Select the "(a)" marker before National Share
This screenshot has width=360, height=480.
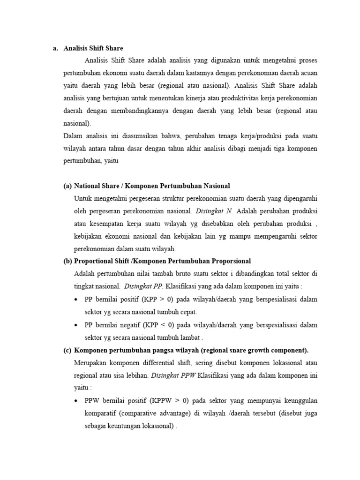[x=68, y=186]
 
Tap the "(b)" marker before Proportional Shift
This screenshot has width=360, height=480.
[x=68, y=261]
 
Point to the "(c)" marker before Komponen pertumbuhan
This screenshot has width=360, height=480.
[x=68, y=350]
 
